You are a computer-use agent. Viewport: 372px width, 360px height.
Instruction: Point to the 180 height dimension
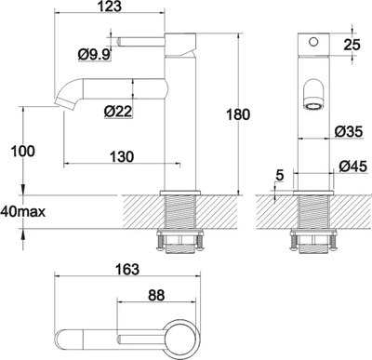click(240, 114)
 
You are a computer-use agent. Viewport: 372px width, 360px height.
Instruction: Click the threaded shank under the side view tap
click(179, 223)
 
